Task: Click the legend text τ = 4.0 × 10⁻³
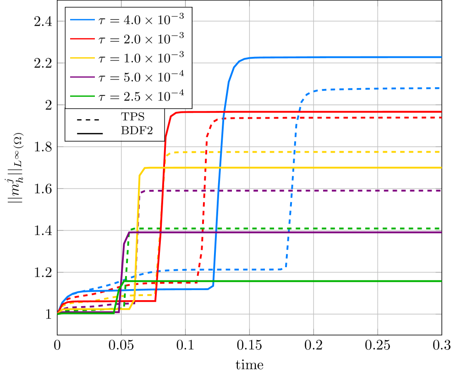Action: click(x=142, y=20)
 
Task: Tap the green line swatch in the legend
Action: click(x=83, y=96)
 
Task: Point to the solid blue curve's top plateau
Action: click(x=344, y=57)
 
